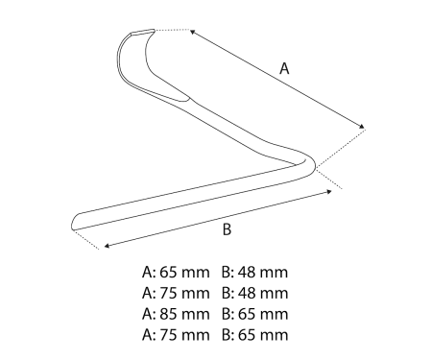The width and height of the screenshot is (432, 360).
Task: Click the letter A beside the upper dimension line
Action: pyautogui.click(x=284, y=68)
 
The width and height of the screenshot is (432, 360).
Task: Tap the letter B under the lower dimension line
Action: pyautogui.click(x=227, y=229)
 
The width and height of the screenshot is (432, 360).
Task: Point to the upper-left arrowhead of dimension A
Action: pyautogui.click(x=193, y=32)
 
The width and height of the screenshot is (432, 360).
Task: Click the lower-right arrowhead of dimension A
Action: pyautogui.click(x=361, y=127)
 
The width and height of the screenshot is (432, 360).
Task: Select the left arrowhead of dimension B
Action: pyautogui.click(x=108, y=246)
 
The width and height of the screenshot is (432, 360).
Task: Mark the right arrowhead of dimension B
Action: pyautogui.click(x=328, y=191)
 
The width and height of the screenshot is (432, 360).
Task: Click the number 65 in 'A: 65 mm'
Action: pyautogui.click(x=168, y=273)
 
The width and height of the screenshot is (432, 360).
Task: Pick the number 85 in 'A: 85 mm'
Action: pyautogui.click(x=168, y=314)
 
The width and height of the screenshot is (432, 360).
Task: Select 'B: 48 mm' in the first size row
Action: pyautogui.click(x=254, y=273)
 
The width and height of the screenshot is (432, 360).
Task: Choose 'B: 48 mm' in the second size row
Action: pyautogui.click(x=254, y=293)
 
